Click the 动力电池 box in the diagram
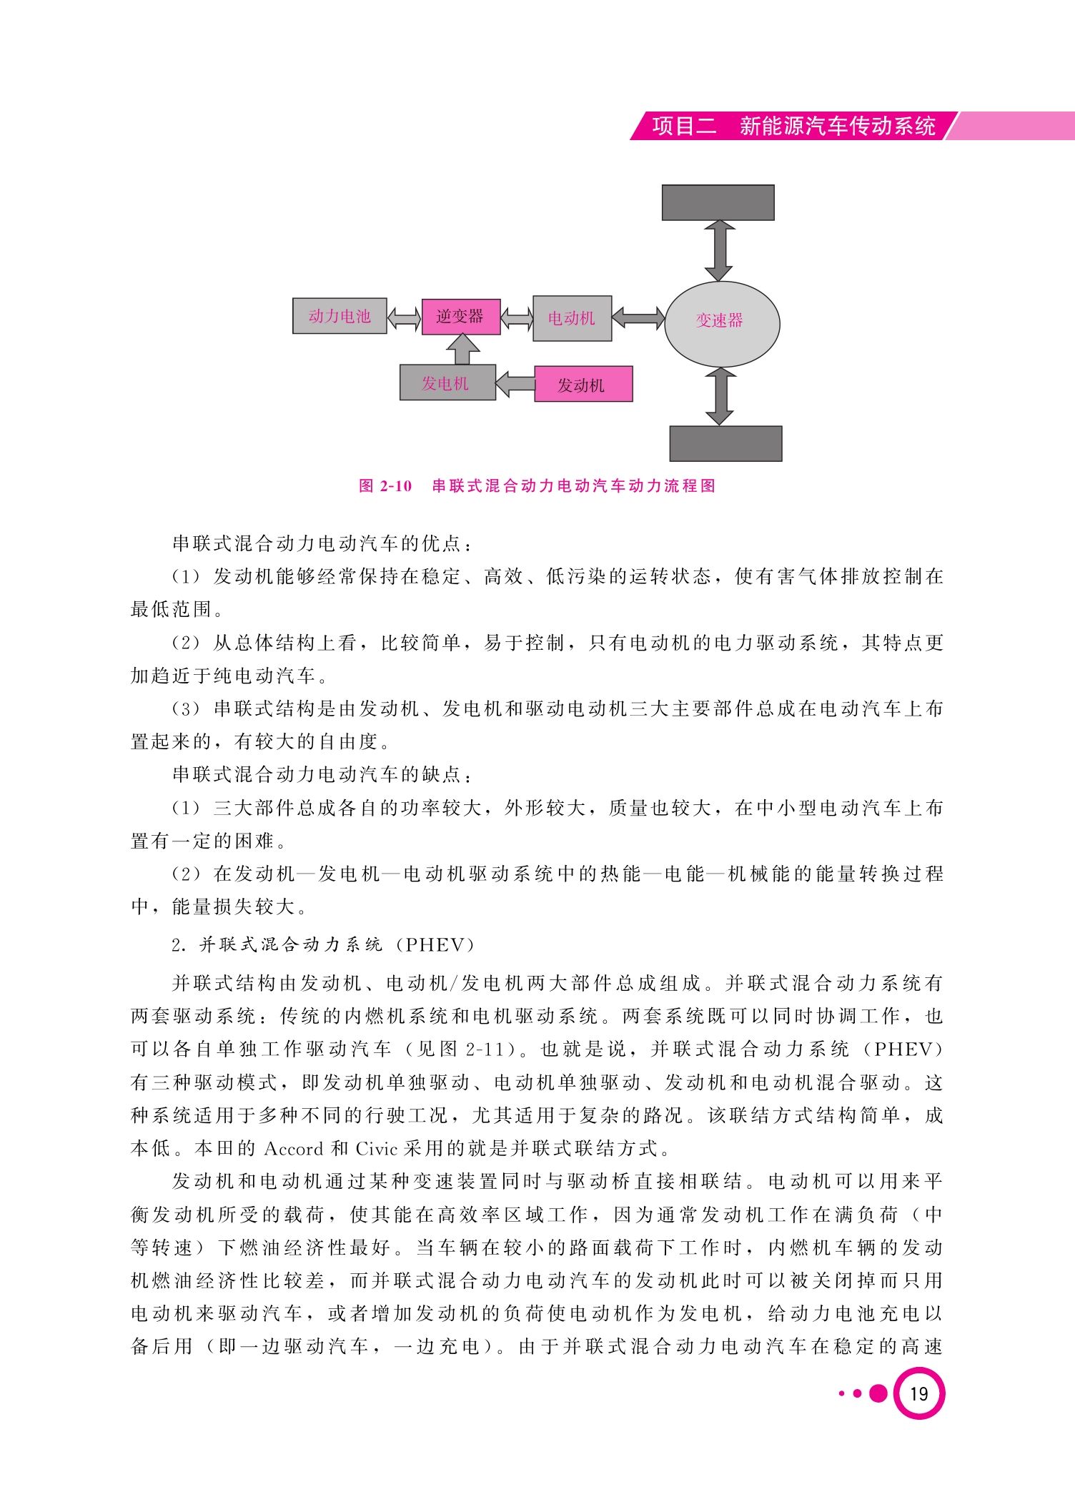coord(340,316)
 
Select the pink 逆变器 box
coord(461,317)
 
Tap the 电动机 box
coord(572,318)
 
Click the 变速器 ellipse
coord(722,324)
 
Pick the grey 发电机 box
coord(447,382)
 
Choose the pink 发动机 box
coord(583,384)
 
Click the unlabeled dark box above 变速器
coord(718,202)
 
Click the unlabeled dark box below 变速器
coord(725,443)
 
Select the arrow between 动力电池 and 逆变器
coord(404,317)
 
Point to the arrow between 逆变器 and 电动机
coord(517,318)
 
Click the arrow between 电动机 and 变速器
coord(638,318)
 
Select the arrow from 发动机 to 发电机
coord(515,383)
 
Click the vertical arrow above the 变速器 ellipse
coord(719,251)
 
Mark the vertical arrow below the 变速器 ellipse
coord(720,397)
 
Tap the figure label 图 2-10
coord(386,486)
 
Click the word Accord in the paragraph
coord(294,1149)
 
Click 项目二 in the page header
coord(684,126)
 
